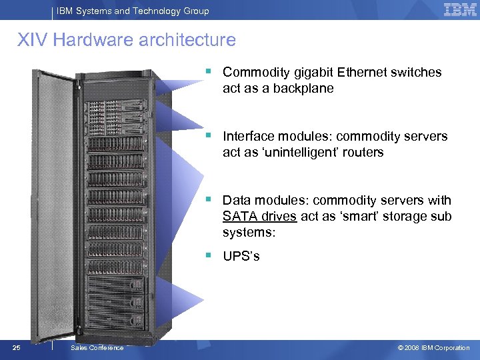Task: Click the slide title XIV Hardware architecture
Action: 127,40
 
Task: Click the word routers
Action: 363,153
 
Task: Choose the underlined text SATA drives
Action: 259,217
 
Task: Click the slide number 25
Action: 17,347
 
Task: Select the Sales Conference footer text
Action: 97,348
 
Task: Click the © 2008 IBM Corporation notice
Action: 433,348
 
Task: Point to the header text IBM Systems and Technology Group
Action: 132,11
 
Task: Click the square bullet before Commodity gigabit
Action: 209,69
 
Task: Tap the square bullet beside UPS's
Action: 209,254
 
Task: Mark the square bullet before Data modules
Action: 209,198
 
